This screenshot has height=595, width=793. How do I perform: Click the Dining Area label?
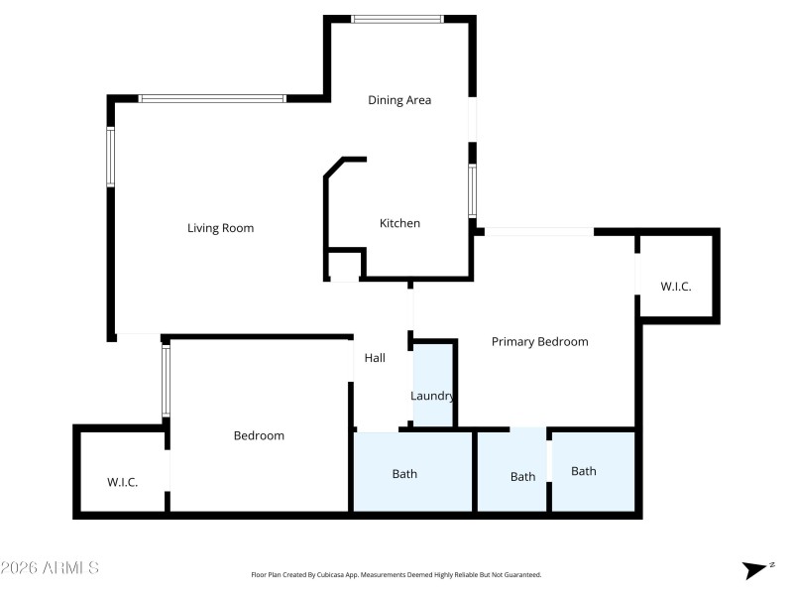pyautogui.click(x=399, y=100)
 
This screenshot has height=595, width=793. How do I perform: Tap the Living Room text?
pyautogui.click(x=220, y=228)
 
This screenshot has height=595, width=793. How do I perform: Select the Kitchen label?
pyautogui.click(x=399, y=223)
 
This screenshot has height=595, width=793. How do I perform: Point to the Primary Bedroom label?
pyautogui.click(x=539, y=342)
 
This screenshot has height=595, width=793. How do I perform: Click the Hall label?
pyautogui.click(x=375, y=358)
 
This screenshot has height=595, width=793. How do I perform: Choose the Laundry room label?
pyautogui.click(x=433, y=397)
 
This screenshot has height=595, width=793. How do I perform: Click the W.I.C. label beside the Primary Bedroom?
pyautogui.click(x=676, y=287)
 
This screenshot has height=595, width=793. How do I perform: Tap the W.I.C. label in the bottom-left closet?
pyautogui.click(x=122, y=483)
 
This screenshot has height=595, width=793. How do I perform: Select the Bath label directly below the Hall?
pyautogui.click(x=404, y=474)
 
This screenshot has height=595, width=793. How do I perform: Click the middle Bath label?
pyautogui.click(x=522, y=477)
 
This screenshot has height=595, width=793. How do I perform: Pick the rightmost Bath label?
pyautogui.click(x=584, y=471)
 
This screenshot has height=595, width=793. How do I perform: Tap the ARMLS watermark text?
pyautogui.click(x=50, y=568)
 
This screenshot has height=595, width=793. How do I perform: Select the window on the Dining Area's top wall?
pyautogui.click(x=397, y=18)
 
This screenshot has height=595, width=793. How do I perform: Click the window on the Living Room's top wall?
pyautogui.click(x=212, y=98)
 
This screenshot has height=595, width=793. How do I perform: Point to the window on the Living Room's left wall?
pyautogui.click(x=111, y=157)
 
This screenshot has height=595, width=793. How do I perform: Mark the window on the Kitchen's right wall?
pyautogui.click(x=473, y=190)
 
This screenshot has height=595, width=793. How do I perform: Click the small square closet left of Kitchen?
pyautogui.click(x=344, y=265)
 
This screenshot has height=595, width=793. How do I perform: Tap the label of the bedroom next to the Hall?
pyautogui.click(x=259, y=435)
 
